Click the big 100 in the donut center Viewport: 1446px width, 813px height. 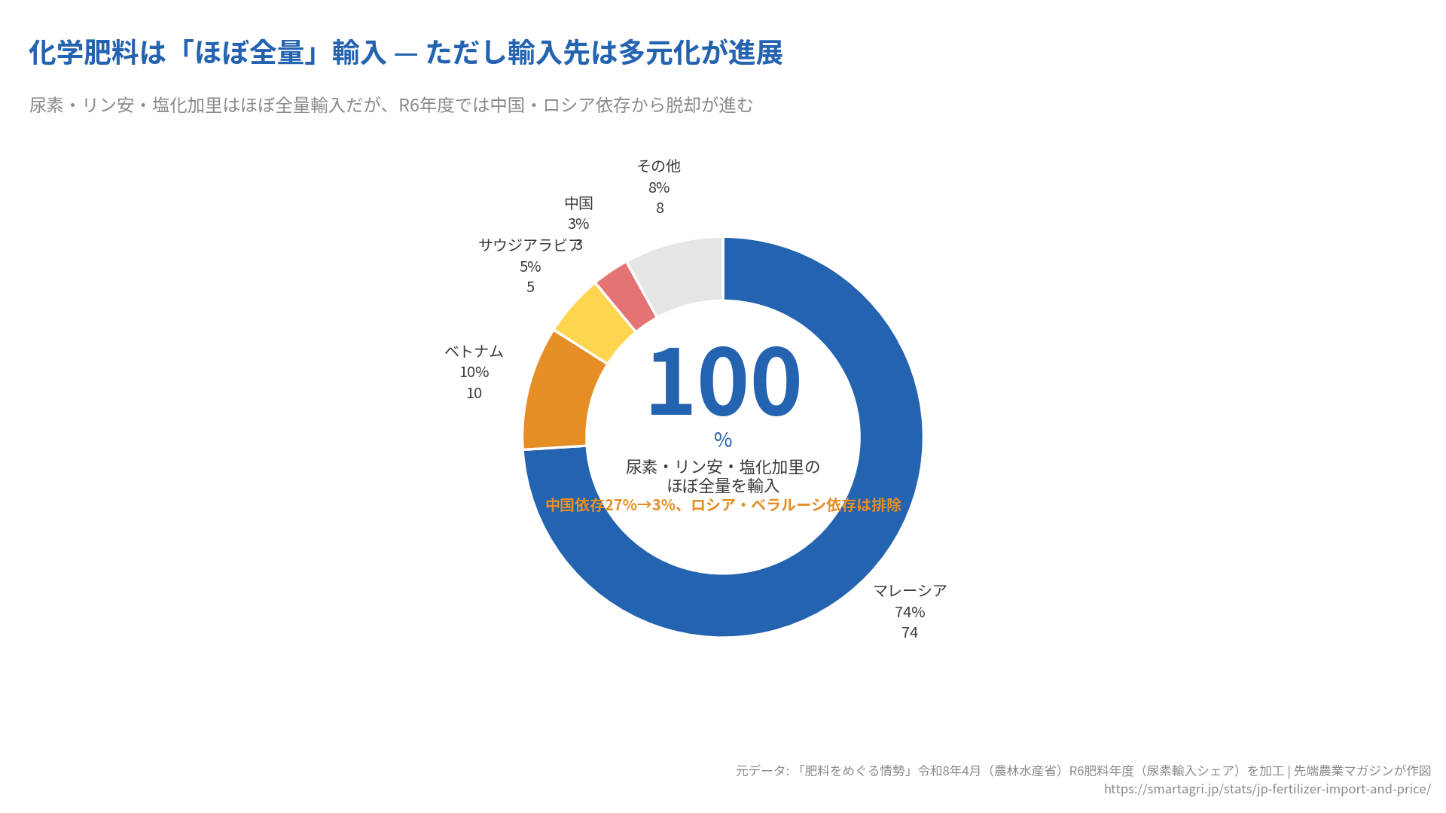tap(723, 382)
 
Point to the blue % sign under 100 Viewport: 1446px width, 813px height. tap(723, 440)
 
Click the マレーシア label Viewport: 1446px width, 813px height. tap(910, 591)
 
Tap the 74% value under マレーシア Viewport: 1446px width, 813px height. tap(910, 612)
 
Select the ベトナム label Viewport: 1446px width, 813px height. tap(474, 352)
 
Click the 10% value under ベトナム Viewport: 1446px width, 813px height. tap(474, 372)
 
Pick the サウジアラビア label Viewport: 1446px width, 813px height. tap(529, 245)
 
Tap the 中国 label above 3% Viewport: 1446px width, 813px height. tap(578, 203)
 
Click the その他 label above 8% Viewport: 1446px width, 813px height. tap(659, 166)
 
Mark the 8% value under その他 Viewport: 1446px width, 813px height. tap(659, 187)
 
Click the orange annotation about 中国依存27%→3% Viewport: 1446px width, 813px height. tap(723, 505)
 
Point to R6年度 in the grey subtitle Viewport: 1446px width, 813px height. tap(426, 105)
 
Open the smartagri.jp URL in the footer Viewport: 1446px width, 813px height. tap(1267, 789)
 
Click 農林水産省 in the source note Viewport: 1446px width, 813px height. tap(1027, 771)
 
